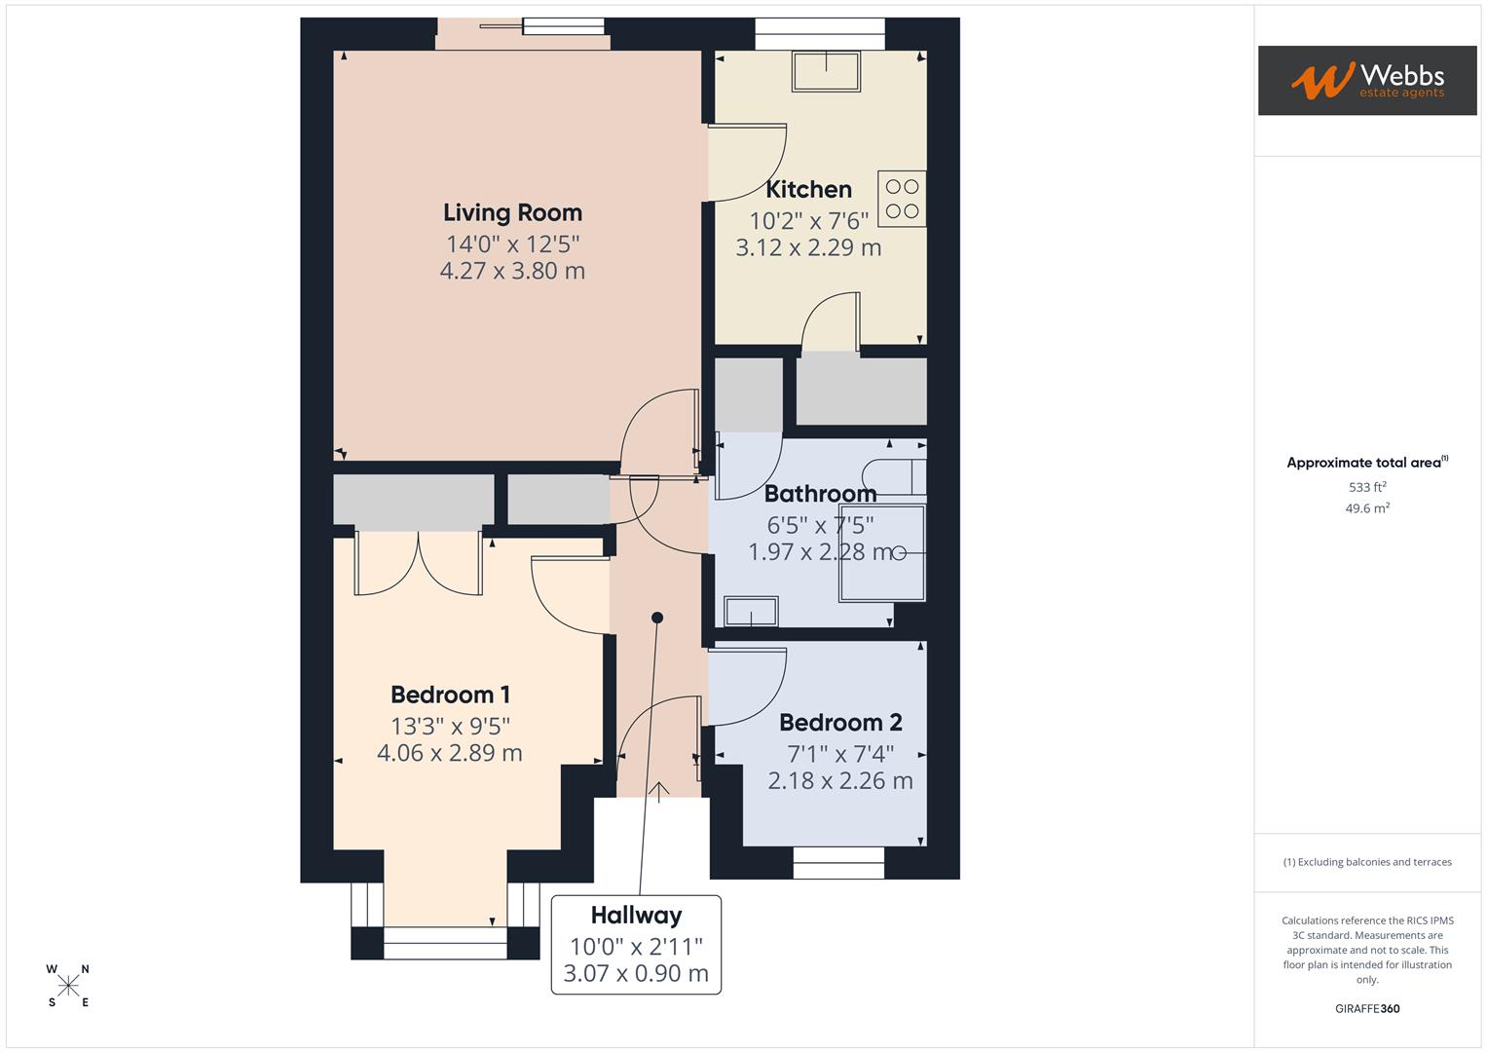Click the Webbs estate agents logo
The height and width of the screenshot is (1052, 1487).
1366,81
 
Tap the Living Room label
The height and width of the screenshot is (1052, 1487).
512,212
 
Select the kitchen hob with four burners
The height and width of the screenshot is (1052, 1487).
902,199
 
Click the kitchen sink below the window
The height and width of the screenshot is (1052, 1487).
827,70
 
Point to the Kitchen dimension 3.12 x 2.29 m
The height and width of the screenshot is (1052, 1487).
808,248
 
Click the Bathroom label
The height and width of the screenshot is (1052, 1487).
820,494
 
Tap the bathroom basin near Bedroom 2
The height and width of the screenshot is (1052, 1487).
751,612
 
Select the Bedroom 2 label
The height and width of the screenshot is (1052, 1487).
840,723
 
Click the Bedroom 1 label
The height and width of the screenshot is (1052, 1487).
450,695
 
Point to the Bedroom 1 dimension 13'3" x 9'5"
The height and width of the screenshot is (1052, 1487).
450,726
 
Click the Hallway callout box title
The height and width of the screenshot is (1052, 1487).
636,916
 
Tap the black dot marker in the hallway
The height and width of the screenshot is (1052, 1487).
657,618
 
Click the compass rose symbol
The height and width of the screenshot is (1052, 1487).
68,986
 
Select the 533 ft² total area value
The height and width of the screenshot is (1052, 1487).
1367,487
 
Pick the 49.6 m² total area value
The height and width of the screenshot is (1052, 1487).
1367,508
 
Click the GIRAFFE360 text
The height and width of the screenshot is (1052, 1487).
1367,1009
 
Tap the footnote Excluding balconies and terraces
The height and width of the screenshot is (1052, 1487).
1367,862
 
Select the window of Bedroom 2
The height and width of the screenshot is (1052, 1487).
838,856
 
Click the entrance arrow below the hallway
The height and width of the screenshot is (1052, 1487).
659,792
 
